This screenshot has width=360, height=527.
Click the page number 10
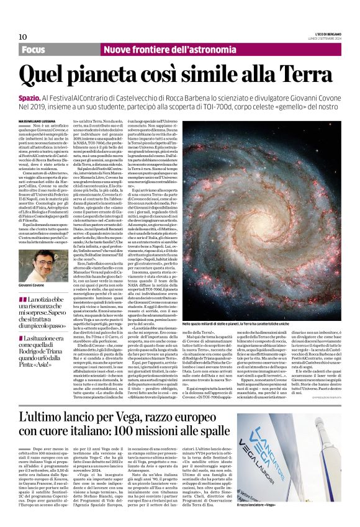(x=23, y=37)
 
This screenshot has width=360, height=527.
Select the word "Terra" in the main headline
(x=305, y=75)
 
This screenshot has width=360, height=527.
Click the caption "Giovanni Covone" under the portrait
(x=36, y=284)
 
